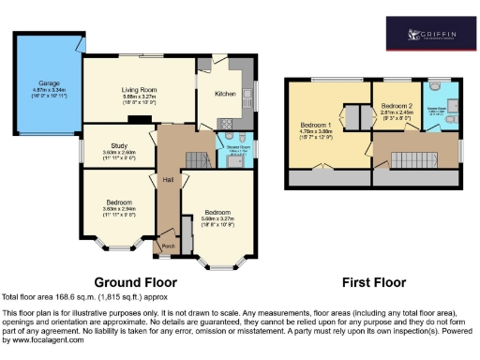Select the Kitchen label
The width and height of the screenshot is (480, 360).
(x=226, y=94)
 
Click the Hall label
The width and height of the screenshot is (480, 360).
(x=168, y=179)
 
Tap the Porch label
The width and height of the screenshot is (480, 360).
(x=169, y=247)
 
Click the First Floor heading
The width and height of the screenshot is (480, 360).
(x=373, y=281)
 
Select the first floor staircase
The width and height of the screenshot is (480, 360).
(x=409, y=157)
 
